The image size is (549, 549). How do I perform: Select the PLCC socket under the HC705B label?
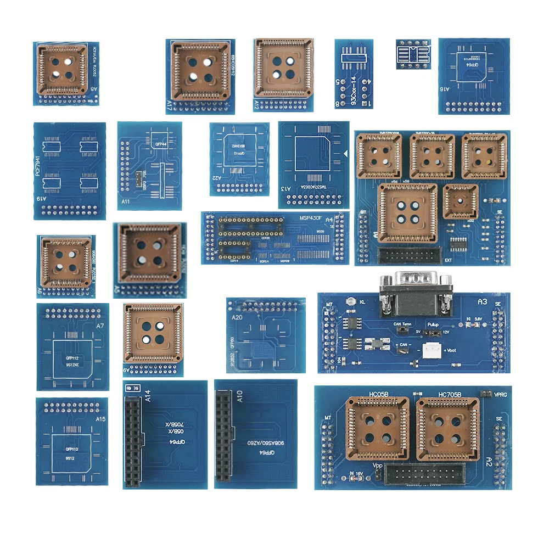pyautogui.click(x=447, y=428)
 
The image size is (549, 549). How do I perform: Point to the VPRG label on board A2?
pyautogui.click(x=500, y=394)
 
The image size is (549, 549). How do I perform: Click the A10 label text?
pyautogui.click(x=239, y=396)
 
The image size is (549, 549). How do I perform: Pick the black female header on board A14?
pyautogui.click(x=132, y=442)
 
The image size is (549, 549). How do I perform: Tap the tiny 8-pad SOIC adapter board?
pyautogui.click(x=414, y=53)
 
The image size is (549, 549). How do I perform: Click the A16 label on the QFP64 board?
pyautogui.click(x=445, y=103)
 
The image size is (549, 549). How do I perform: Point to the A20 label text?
pyautogui.click(x=237, y=318)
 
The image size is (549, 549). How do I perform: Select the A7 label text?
pyautogui.click(x=100, y=327)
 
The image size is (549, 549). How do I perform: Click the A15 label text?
pyautogui.click(x=100, y=419)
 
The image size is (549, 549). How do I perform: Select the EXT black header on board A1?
pyautogui.click(x=409, y=255)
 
